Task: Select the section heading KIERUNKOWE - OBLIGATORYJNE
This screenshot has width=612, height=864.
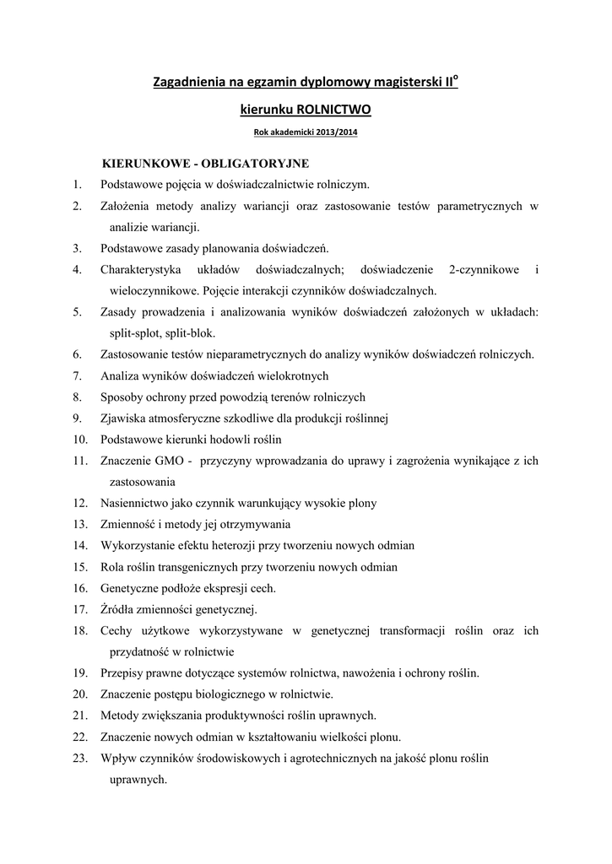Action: coord(205,162)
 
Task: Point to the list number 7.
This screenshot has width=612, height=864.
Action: coord(76,376)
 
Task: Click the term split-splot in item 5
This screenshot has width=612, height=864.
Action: coord(133,333)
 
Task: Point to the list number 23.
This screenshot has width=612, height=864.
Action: coord(80,759)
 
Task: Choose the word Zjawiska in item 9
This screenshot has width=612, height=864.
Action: coord(122,418)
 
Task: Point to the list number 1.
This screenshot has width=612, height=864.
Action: coord(76,184)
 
